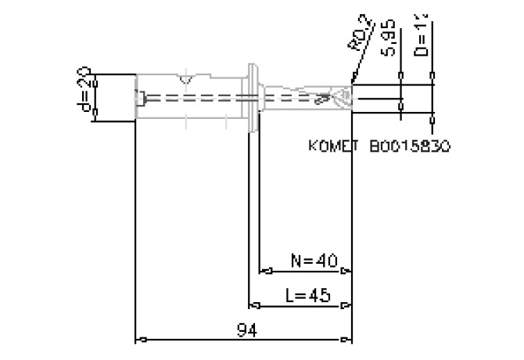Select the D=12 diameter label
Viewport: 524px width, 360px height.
[x=423, y=35]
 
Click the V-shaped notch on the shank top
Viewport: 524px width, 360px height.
[x=185, y=79]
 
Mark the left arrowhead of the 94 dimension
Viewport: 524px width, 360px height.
[x=142, y=340]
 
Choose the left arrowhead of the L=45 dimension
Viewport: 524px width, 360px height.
[x=253, y=306]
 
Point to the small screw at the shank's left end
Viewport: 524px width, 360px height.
[x=141, y=99]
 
